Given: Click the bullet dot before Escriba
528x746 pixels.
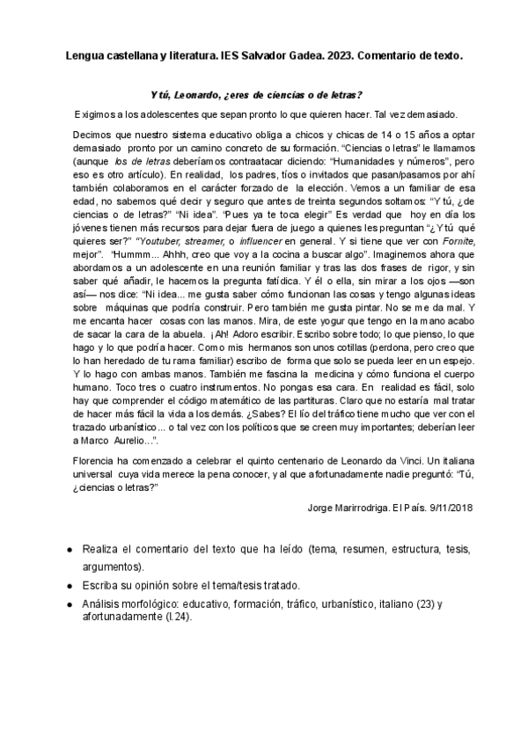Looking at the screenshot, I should point(70,586).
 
